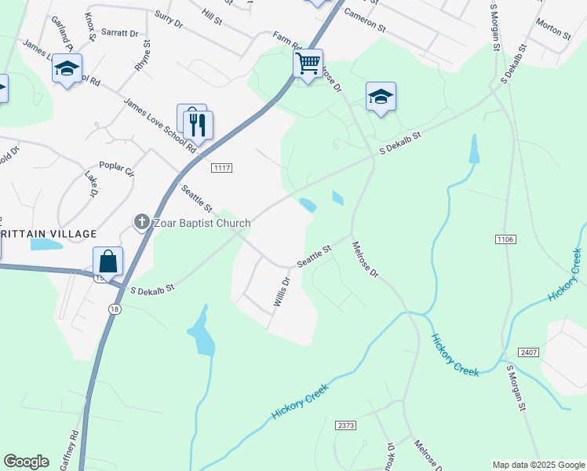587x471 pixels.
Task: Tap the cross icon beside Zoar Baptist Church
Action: pos(142,223)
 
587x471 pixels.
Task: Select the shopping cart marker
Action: pos(308,62)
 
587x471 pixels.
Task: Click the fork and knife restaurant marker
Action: pos(198,124)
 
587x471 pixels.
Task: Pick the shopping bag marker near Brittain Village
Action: pos(108,261)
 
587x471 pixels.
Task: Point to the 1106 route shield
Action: pos(505,238)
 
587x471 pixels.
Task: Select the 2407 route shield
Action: pos(527,352)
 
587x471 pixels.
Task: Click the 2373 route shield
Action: pos(346,425)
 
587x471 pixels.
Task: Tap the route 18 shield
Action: pos(115,309)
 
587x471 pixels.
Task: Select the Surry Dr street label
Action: pos(169,20)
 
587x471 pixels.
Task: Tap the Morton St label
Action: pos(553,29)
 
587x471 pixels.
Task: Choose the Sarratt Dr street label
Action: pos(122,34)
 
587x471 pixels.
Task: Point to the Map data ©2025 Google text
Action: pos(538,465)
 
